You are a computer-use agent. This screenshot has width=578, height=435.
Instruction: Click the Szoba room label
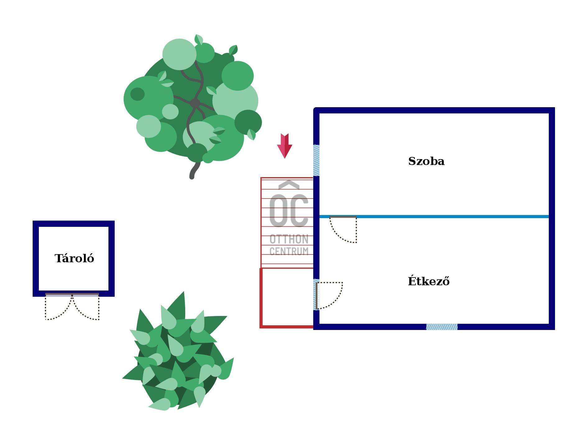click(x=426, y=161)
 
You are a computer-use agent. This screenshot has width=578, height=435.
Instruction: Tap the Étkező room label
click(x=429, y=281)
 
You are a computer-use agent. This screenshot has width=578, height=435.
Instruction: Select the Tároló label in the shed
click(x=74, y=259)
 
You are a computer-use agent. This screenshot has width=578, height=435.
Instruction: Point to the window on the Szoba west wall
click(x=316, y=160)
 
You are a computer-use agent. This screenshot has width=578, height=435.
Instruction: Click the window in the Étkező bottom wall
click(x=442, y=327)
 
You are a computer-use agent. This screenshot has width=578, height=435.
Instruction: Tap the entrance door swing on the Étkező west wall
click(x=329, y=295)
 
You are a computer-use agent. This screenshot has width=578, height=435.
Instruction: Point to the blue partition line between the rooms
click(x=451, y=217)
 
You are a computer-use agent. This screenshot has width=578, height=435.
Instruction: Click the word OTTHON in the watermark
click(x=289, y=239)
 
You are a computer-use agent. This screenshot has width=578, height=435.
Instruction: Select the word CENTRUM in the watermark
click(x=289, y=251)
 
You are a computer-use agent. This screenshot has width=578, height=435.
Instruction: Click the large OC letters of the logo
click(x=289, y=210)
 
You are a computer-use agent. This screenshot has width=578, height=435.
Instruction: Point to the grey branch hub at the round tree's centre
click(x=195, y=103)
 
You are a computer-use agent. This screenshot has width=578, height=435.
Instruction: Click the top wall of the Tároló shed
click(x=74, y=224)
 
